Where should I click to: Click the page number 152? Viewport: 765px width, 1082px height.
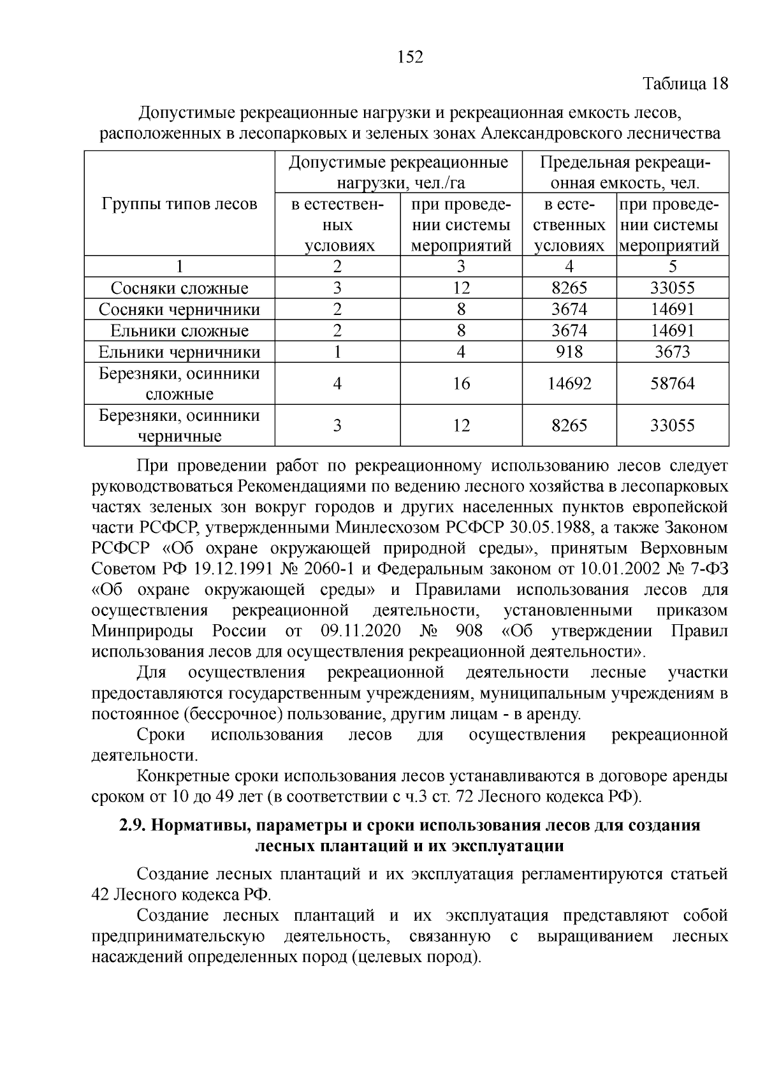[410, 57]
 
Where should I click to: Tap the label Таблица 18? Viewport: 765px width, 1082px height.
[685, 84]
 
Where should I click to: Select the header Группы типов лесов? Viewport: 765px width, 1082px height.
[179, 204]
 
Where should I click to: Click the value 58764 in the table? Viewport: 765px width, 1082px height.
[672, 384]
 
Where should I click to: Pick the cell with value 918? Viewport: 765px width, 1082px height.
[569, 352]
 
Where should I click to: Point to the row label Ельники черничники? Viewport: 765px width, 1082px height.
[179, 352]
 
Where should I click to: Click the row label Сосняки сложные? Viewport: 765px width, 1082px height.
[179, 288]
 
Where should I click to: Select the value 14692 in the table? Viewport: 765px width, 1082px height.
[569, 384]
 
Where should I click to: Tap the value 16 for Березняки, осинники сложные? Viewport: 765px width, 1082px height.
[461, 384]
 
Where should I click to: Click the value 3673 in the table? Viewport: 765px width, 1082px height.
[672, 352]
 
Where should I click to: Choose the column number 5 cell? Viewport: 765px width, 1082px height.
[672, 267]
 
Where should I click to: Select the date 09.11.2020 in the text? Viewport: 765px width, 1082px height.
[358, 631]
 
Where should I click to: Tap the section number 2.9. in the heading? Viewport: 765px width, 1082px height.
[133, 826]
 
